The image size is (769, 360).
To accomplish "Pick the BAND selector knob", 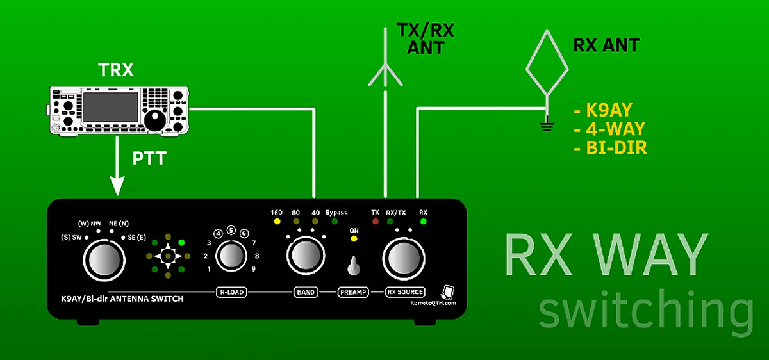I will tap(304, 256).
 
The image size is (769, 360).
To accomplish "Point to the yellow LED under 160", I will tap(277, 222).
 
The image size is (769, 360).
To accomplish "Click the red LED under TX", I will tap(376, 222).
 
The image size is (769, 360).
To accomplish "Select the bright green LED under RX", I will tap(423, 222).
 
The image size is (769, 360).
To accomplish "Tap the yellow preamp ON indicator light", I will tap(353, 239).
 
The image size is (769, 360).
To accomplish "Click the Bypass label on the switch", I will tap(336, 213).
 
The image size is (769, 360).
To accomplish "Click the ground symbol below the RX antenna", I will tap(547, 126).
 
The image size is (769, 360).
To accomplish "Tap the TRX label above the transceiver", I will tap(115, 70).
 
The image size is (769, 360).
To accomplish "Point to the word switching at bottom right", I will tap(644, 311).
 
